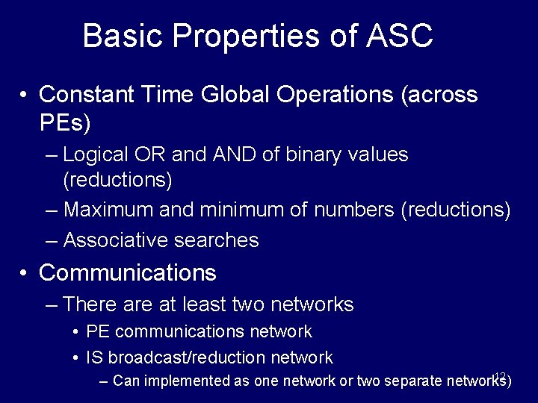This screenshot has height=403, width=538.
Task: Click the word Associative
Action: pyautogui.click(x=115, y=240)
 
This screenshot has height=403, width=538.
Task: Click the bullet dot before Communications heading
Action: pyautogui.click(x=25, y=274)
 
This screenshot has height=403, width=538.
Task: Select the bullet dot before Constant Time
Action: pyautogui.click(x=25, y=96)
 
